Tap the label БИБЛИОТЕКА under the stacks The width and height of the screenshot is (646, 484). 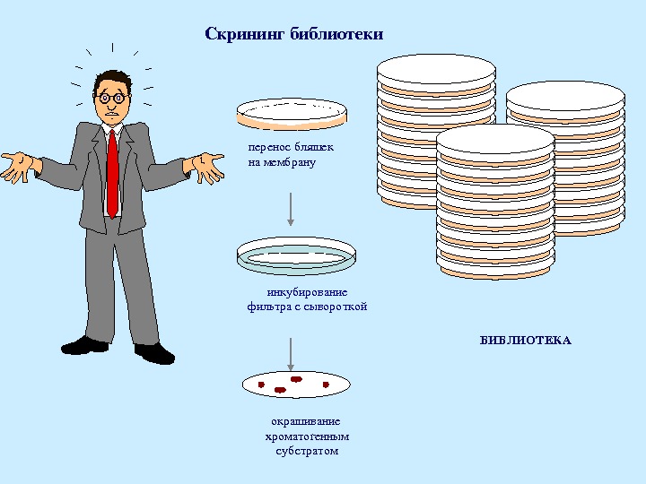pos(525,341)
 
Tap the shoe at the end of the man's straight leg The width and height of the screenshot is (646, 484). pos(84,345)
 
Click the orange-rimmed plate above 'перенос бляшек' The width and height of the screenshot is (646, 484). pos(291,113)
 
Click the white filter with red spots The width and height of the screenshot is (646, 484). pos(295,385)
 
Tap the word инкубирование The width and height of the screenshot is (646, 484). pos(307,293)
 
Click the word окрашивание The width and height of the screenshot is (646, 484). pos(306,421)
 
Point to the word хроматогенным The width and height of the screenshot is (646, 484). pos(307,436)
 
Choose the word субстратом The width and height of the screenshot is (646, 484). pos(307,451)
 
